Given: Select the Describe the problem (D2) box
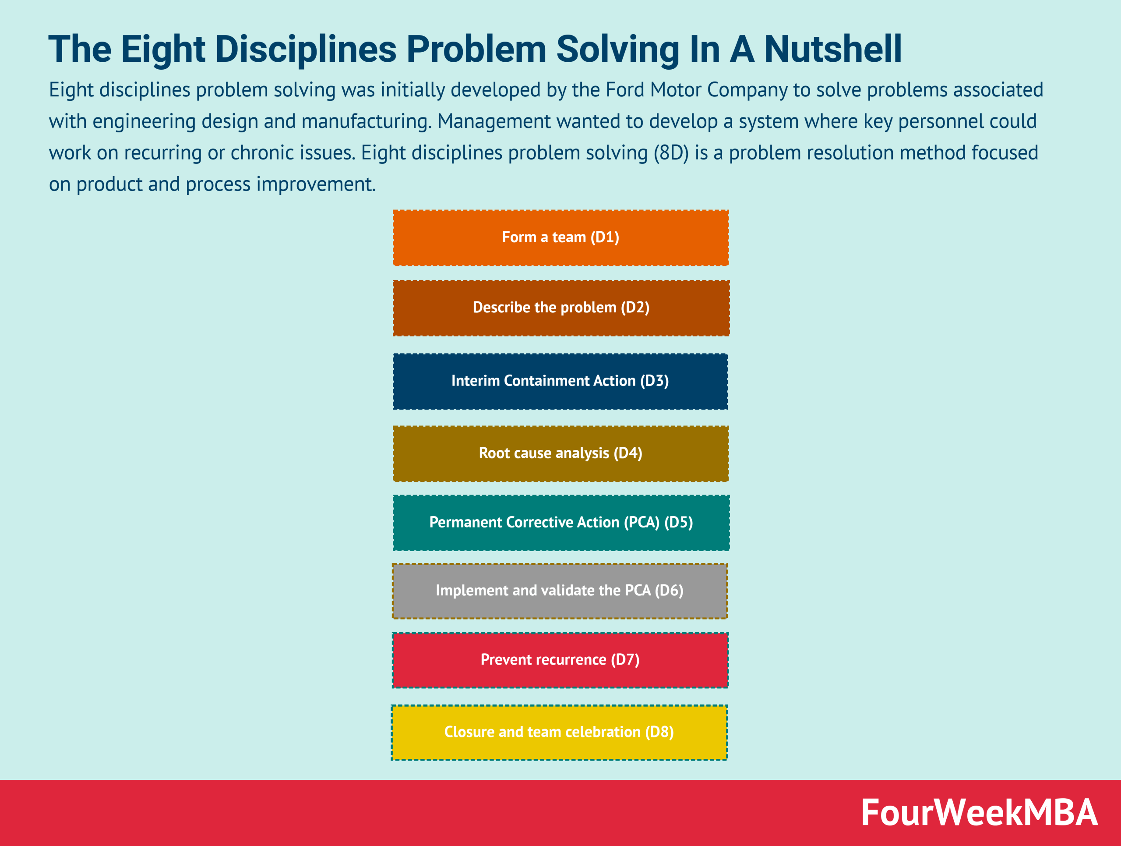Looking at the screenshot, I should pyautogui.click(x=560, y=308).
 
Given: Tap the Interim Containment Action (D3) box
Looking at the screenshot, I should pyautogui.click(x=560, y=381).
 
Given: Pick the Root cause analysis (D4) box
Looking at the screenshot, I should pyautogui.click(x=560, y=453).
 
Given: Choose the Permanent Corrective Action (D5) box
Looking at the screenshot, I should pyautogui.click(x=560, y=523).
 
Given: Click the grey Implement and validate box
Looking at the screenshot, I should pyautogui.click(x=560, y=591).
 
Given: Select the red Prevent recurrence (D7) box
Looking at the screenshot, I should pyautogui.click(x=560, y=660).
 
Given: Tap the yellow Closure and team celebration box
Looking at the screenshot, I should pyautogui.click(x=559, y=733).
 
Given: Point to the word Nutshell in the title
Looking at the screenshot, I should pyautogui.click(x=832, y=50).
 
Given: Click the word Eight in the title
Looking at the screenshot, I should pyautogui.click(x=163, y=50).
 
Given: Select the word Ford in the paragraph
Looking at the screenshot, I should pyautogui.click(x=625, y=90).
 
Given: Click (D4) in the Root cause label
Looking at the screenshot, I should pyautogui.click(x=628, y=453).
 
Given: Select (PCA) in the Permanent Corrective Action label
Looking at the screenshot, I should pyautogui.click(x=642, y=523).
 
